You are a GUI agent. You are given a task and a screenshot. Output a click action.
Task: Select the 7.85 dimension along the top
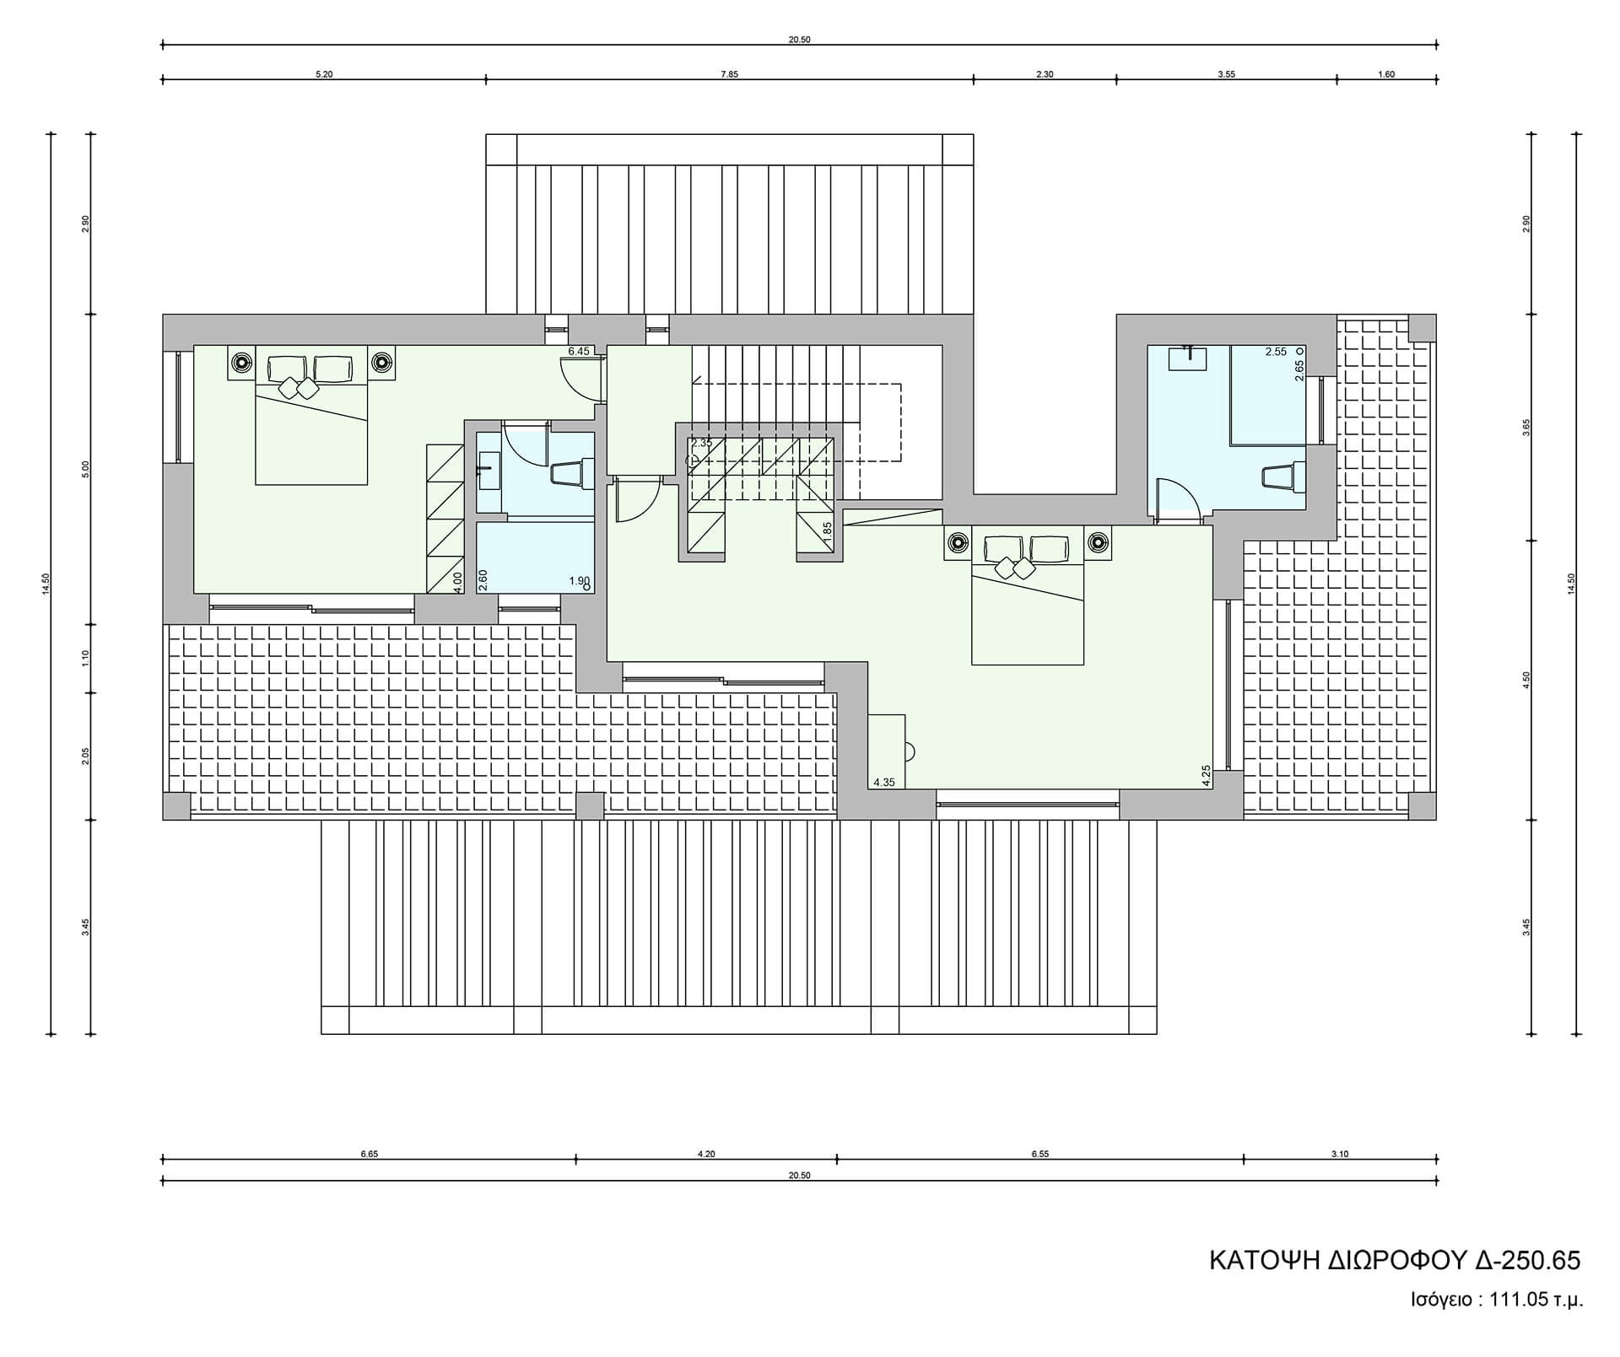tap(729, 74)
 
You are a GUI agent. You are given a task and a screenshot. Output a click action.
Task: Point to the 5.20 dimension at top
tap(324, 74)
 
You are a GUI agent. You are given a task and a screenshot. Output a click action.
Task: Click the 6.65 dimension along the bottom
tap(369, 1155)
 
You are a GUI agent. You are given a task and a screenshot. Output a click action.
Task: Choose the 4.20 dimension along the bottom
tap(706, 1155)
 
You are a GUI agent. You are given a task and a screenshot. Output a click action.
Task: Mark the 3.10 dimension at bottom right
tap(1340, 1155)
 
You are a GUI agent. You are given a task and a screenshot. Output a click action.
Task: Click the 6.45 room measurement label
tap(579, 352)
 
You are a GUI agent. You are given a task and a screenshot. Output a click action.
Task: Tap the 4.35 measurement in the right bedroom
tap(884, 783)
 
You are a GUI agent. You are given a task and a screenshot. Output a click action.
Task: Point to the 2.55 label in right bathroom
tap(1276, 352)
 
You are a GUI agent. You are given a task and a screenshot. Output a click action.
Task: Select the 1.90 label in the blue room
tap(579, 581)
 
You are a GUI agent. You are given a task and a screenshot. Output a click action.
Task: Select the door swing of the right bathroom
tap(1175, 500)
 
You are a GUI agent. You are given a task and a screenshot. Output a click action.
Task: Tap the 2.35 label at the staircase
tap(702, 443)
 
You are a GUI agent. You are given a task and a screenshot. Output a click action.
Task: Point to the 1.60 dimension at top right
tap(1386, 74)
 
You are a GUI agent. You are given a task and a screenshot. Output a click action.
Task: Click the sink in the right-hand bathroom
tap(1188, 358)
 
